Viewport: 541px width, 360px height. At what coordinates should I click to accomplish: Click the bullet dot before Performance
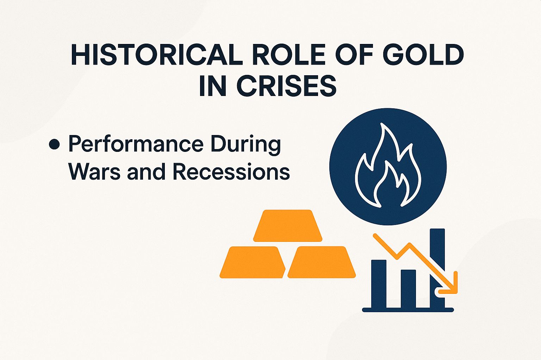point(54,144)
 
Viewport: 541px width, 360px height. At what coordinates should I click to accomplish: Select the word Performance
point(136,144)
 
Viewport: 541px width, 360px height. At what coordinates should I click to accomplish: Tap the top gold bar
point(288,226)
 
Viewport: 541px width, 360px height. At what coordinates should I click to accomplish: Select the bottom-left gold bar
point(253,262)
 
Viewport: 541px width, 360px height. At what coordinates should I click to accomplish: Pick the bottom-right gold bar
point(322,262)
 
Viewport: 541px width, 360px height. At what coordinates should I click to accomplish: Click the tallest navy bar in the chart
point(437,246)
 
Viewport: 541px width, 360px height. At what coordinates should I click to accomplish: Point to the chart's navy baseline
point(408,310)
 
